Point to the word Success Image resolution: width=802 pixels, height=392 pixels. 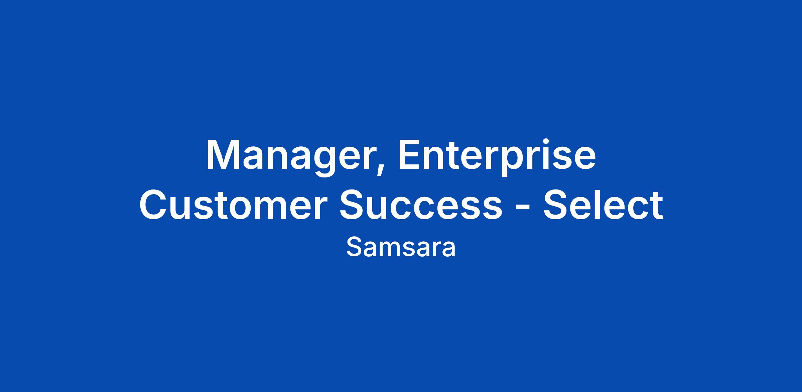[421, 204]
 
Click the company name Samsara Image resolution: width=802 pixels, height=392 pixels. [401, 248]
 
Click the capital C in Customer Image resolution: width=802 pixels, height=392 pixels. [154, 204]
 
